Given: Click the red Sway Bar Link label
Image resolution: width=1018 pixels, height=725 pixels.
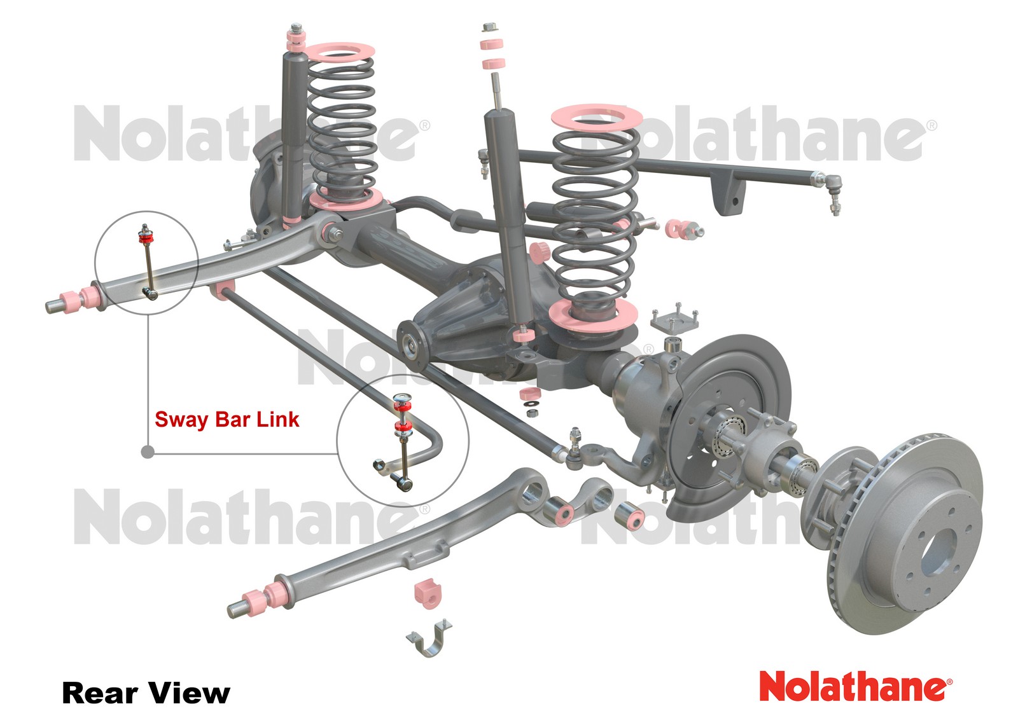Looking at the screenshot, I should (227, 420).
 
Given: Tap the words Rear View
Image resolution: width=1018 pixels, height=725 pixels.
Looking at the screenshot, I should (146, 693).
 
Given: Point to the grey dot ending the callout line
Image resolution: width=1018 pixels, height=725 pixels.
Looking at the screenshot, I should (148, 452).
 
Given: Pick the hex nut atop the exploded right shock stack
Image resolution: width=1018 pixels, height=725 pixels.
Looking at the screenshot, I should (489, 27).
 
